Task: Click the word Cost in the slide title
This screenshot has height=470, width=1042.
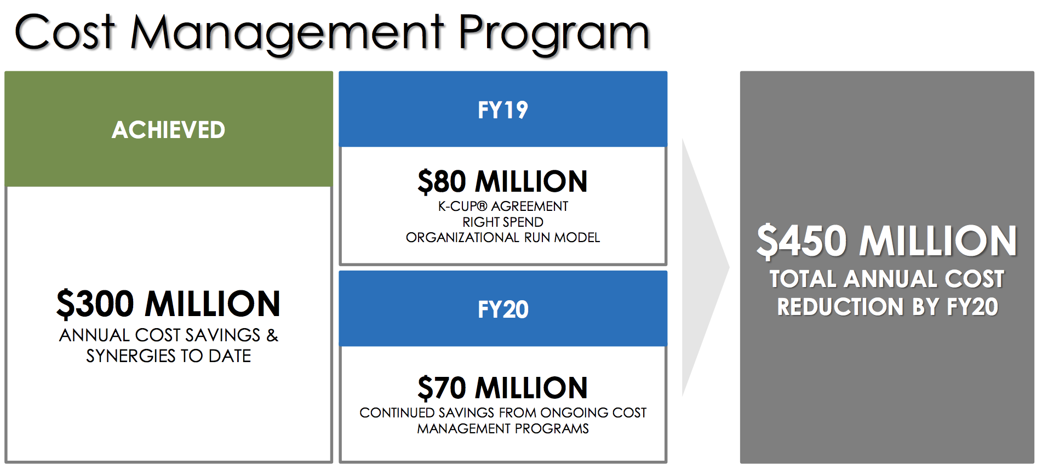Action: click(65, 32)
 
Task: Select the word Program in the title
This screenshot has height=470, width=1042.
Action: click(554, 34)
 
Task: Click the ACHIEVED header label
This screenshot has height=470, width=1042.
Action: click(169, 130)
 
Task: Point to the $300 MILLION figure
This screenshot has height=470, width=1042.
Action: click(169, 304)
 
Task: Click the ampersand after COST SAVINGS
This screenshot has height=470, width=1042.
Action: click(272, 335)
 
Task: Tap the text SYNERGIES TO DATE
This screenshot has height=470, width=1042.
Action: click(169, 356)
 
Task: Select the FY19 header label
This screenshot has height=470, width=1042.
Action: click(503, 110)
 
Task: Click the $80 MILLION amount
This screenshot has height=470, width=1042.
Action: click(503, 182)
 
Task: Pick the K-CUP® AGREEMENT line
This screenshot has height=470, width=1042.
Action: click(503, 207)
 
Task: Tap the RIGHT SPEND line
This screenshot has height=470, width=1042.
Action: click(503, 222)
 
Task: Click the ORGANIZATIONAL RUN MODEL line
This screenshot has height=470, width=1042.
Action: click(503, 237)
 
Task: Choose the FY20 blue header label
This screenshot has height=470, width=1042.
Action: click(503, 309)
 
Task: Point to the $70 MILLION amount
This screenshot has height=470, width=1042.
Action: click(503, 388)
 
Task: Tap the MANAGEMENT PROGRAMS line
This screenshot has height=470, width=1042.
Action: click(503, 428)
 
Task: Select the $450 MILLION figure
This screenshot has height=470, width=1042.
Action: click(887, 241)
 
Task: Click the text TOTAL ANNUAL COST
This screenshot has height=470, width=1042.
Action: click(887, 279)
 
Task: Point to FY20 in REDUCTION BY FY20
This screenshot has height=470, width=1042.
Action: click(973, 307)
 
